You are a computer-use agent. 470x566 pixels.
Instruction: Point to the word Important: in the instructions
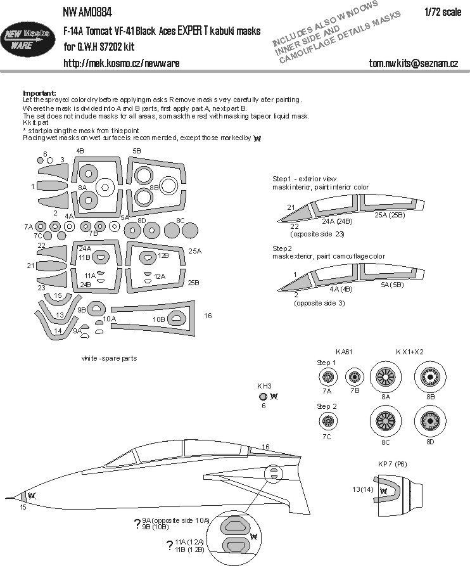[39, 93]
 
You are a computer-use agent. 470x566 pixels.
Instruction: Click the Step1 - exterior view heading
[301, 180]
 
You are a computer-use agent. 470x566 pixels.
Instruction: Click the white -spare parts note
[109, 358]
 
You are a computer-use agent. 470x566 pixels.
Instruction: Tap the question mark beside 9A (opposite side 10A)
[137, 523]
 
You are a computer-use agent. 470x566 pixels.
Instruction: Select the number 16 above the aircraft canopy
[265, 447]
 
